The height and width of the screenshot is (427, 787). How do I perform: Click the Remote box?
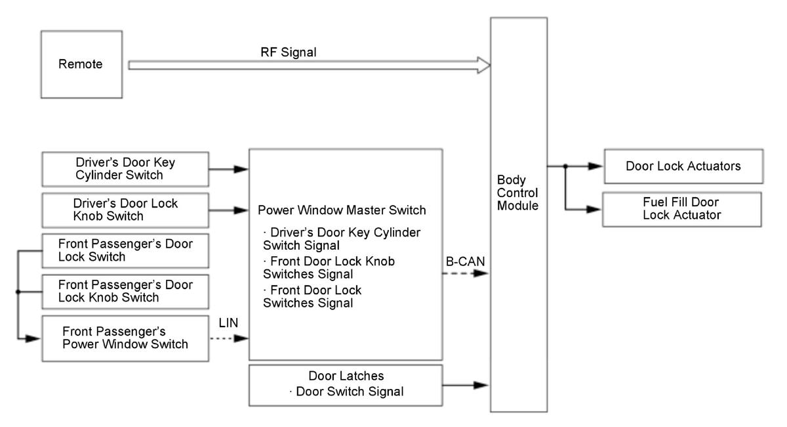point(81,64)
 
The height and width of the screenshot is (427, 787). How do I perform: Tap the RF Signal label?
point(288,51)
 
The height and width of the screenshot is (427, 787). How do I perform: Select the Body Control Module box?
point(518,214)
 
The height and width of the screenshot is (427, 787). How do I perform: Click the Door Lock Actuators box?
point(683,166)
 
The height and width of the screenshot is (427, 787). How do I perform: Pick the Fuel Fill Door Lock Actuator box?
point(683,209)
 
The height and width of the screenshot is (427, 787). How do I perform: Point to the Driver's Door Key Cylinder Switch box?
point(124,169)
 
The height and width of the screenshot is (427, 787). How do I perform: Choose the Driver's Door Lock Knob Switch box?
point(124,210)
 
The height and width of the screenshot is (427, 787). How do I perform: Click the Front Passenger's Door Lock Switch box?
point(125,250)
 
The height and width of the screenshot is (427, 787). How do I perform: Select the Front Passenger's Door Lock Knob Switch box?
point(125,291)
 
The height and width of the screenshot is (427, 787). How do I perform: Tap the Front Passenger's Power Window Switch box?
point(125,338)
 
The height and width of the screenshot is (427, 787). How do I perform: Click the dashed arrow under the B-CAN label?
point(466,273)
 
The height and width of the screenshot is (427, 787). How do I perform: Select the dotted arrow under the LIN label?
point(230,339)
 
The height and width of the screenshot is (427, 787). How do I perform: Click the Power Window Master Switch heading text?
point(342,211)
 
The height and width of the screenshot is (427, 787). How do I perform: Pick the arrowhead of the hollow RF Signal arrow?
point(484,65)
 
